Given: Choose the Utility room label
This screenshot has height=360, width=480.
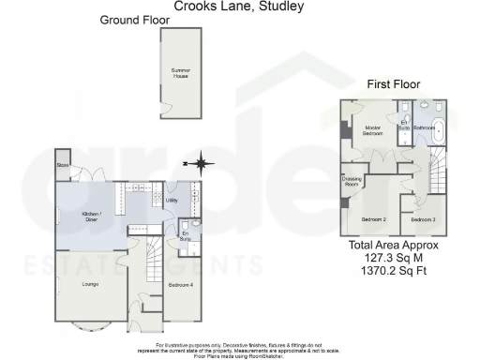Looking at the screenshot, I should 172,200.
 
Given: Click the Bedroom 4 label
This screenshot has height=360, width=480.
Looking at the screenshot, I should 180,284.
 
